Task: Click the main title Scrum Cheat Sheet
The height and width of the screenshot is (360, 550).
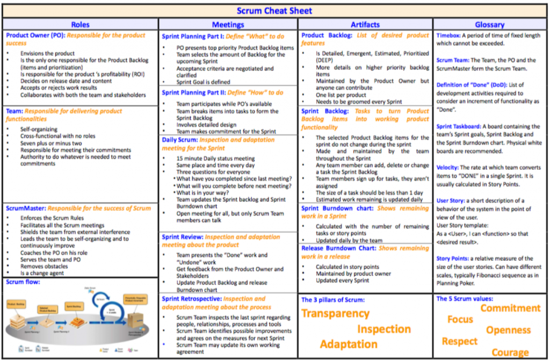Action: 274,10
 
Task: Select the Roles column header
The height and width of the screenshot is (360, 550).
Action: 80,24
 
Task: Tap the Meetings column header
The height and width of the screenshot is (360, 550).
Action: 228,24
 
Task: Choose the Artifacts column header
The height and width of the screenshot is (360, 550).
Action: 365,24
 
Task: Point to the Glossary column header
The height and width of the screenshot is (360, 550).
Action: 489,24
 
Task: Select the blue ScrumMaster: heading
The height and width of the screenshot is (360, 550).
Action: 26,208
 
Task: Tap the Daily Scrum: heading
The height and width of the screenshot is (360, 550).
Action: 179,140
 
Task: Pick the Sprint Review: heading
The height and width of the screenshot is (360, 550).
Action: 182,236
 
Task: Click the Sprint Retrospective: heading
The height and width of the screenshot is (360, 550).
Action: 191,299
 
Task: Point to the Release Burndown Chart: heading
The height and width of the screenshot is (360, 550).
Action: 339,248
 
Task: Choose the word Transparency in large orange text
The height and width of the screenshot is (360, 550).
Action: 335,314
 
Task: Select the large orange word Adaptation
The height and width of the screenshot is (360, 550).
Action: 348,344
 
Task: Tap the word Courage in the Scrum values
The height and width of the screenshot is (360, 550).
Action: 510,352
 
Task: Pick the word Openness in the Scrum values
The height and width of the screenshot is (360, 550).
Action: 508,330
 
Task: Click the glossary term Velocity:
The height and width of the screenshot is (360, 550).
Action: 447,168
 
